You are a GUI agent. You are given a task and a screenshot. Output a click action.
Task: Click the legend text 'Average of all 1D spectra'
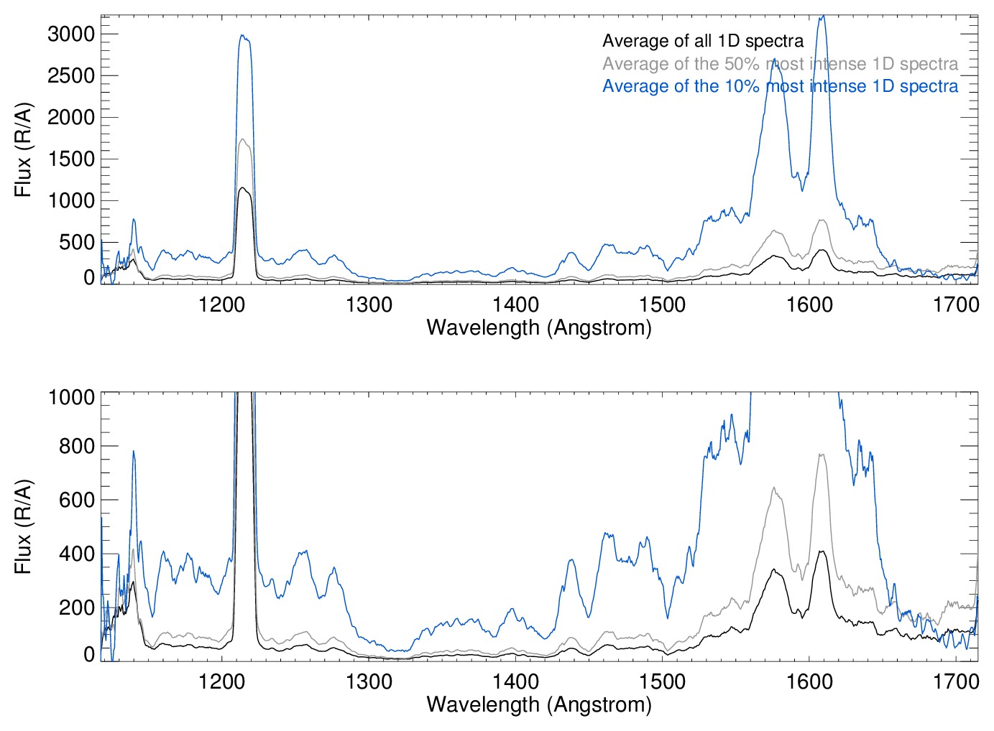pos(702,41)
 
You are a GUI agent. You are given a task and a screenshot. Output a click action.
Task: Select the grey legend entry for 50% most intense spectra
pos(780,64)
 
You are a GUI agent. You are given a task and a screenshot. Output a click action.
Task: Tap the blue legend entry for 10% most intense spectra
pos(780,86)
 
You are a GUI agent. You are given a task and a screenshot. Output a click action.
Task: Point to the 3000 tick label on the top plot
pos(71,34)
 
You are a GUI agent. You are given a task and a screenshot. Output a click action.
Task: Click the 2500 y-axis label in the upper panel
pos(71,75)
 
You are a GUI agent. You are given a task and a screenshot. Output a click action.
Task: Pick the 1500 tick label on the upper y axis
pos(71,159)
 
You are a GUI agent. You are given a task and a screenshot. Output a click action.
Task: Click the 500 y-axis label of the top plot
pos(78,242)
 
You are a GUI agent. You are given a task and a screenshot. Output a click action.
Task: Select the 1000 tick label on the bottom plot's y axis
pos(71,396)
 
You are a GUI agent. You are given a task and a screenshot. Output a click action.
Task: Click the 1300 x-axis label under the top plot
pos(369,304)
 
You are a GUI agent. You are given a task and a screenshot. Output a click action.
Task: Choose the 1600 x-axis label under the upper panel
pos(809,304)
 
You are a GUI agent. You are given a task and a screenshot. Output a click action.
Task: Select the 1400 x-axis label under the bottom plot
pos(515,681)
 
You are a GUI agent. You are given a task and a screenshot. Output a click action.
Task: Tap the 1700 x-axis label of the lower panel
pos(956,681)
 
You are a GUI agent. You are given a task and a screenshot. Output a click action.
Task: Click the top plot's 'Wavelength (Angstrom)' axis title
pos(539,327)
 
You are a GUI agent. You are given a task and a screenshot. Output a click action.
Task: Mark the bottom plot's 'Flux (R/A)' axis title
pos(23,527)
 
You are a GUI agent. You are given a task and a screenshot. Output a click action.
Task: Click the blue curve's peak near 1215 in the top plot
pos(243,36)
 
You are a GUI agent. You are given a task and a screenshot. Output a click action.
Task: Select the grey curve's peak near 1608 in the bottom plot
pos(821,455)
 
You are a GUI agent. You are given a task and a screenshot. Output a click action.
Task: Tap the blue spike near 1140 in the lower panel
pos(133,452)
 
